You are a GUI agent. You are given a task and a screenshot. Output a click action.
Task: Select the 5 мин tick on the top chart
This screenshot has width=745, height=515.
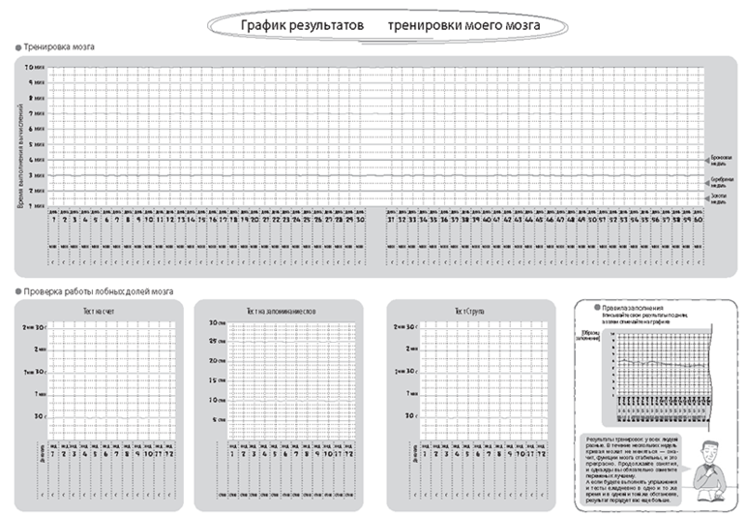(37, 144)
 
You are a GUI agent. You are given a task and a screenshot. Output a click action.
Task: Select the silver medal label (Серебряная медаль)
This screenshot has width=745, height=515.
(721, 181)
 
